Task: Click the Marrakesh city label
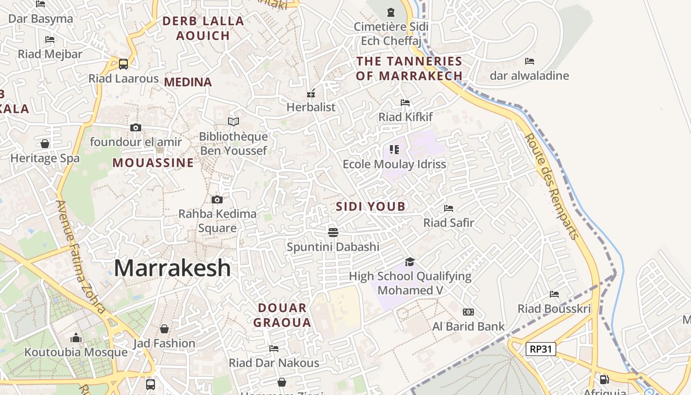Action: point(172,268)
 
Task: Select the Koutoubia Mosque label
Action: point(76,352)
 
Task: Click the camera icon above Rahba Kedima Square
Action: point(217,200)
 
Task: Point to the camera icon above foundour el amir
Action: point(136,127)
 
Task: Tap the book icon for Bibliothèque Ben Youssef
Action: point(233,121)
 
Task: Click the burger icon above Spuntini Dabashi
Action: point(333,232)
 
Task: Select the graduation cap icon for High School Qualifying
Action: point(410,262)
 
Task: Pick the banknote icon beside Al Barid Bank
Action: point(468,312)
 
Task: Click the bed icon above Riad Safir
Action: point(449,208)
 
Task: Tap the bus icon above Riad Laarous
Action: point(123,64)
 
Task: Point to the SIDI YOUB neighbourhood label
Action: point(371,206)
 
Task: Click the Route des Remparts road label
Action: point(551,187)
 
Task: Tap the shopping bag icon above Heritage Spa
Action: point(45,144)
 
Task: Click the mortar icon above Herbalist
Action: point(311,93)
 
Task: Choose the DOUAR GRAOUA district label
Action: point(282,315)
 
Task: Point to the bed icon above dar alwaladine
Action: point(530,61)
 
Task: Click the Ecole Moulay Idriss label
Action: point(394,164)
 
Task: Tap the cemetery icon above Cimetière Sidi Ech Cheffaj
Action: point(391,12)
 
